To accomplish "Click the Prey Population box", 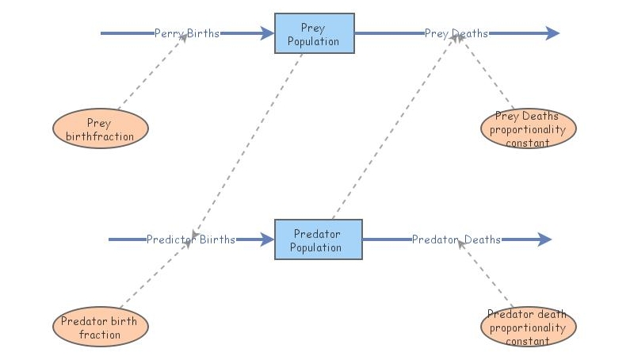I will tap(314, 33).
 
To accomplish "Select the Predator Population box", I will tap(318, 239).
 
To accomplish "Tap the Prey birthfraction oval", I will tap(100, 129).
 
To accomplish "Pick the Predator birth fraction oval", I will tap(100, 327).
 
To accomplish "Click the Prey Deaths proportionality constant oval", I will tap(528, 129).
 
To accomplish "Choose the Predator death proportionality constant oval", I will tap(528, 327).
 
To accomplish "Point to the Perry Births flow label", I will tap(187, 33).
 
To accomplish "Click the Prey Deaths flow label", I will tap(456, 33).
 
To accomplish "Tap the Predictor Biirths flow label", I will tap(191, 239).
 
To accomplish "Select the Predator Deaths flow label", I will tap(456, 239).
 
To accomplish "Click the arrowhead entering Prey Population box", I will tap(267, 33).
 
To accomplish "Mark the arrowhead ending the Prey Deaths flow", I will tap(552, 33).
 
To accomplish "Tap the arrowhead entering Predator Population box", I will tap(267, 239).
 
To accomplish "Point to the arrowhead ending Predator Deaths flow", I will tap(544, 239).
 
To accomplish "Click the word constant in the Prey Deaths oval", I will tap(527, 143).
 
